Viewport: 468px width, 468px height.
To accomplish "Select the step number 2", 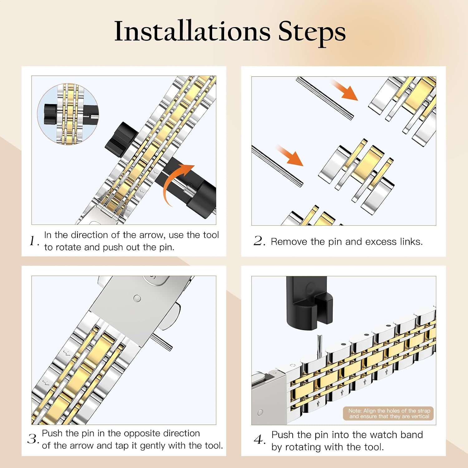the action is [259, 241].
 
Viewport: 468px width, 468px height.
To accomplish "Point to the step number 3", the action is [33, 439].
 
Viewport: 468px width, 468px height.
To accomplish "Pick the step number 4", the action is [260, 440].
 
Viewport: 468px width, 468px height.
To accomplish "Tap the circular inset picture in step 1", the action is [68, 114].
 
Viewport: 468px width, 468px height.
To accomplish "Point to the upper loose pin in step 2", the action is [325, 98].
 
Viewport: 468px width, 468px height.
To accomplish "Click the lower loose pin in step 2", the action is [277, 166].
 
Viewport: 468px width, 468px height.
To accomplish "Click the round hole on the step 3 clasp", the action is [137, 299].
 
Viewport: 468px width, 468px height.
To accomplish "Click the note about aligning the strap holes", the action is [389, 413].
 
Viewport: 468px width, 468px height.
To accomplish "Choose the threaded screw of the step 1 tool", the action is [190, 190].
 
